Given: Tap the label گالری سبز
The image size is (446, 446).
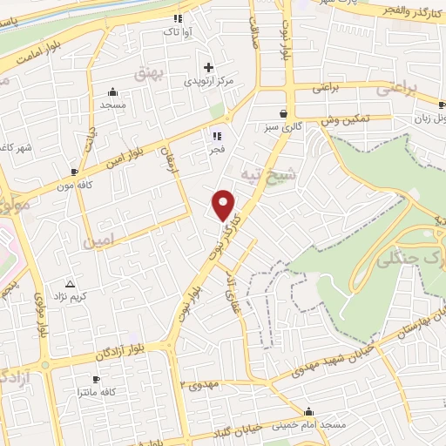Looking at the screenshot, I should (x=284, y=128).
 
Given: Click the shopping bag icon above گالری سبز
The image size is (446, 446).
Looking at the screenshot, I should (x=284, y=113).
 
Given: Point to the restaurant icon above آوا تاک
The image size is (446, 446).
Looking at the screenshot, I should (x=179, y=17).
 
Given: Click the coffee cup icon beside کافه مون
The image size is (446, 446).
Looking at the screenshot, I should (x=74, y=172).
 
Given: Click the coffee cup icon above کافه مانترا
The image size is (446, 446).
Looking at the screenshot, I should (x=96, y=379).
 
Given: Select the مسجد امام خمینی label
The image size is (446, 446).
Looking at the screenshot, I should (x=307, y=424).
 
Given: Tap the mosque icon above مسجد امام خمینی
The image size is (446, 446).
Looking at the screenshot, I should (x=307, y=411).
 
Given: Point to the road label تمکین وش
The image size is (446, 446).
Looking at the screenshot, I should (x=347, y=118).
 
